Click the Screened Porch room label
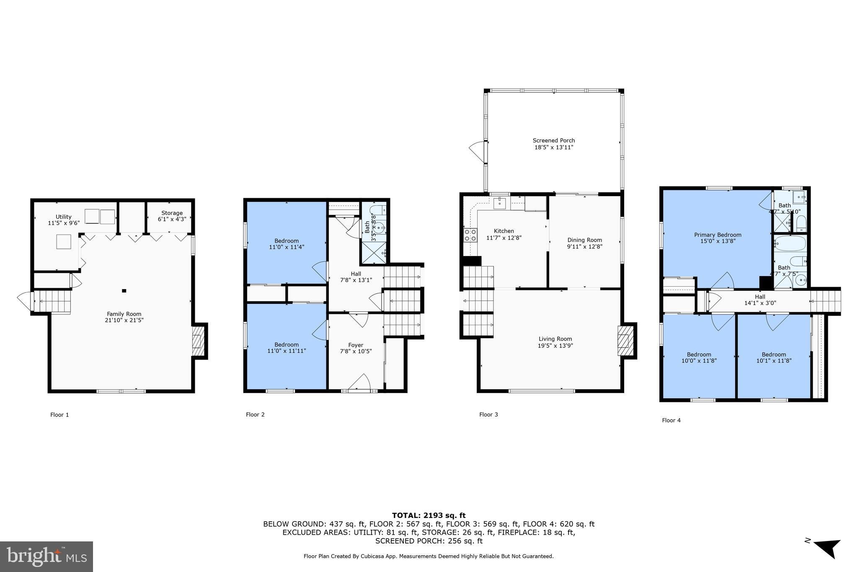[x=553, y=140]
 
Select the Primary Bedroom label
[x=717, y=235]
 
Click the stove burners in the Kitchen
[x=470, y=235]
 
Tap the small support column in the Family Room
[x=124, y=290]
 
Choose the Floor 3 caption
[x=488, y=414]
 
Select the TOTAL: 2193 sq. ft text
[x=429, y=515]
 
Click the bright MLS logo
[x=47, y=556]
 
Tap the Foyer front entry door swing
[x=359, y=382]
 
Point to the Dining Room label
[x=584, y=240]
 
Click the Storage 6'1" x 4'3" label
[x=172, y=216]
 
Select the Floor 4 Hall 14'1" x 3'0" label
[x=760, y=300]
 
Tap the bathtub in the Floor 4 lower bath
[x=790, y=243]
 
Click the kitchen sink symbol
[x=500, y=203]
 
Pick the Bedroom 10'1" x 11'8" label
[x=773, y=357]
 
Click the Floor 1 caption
[x=59, y=414]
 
